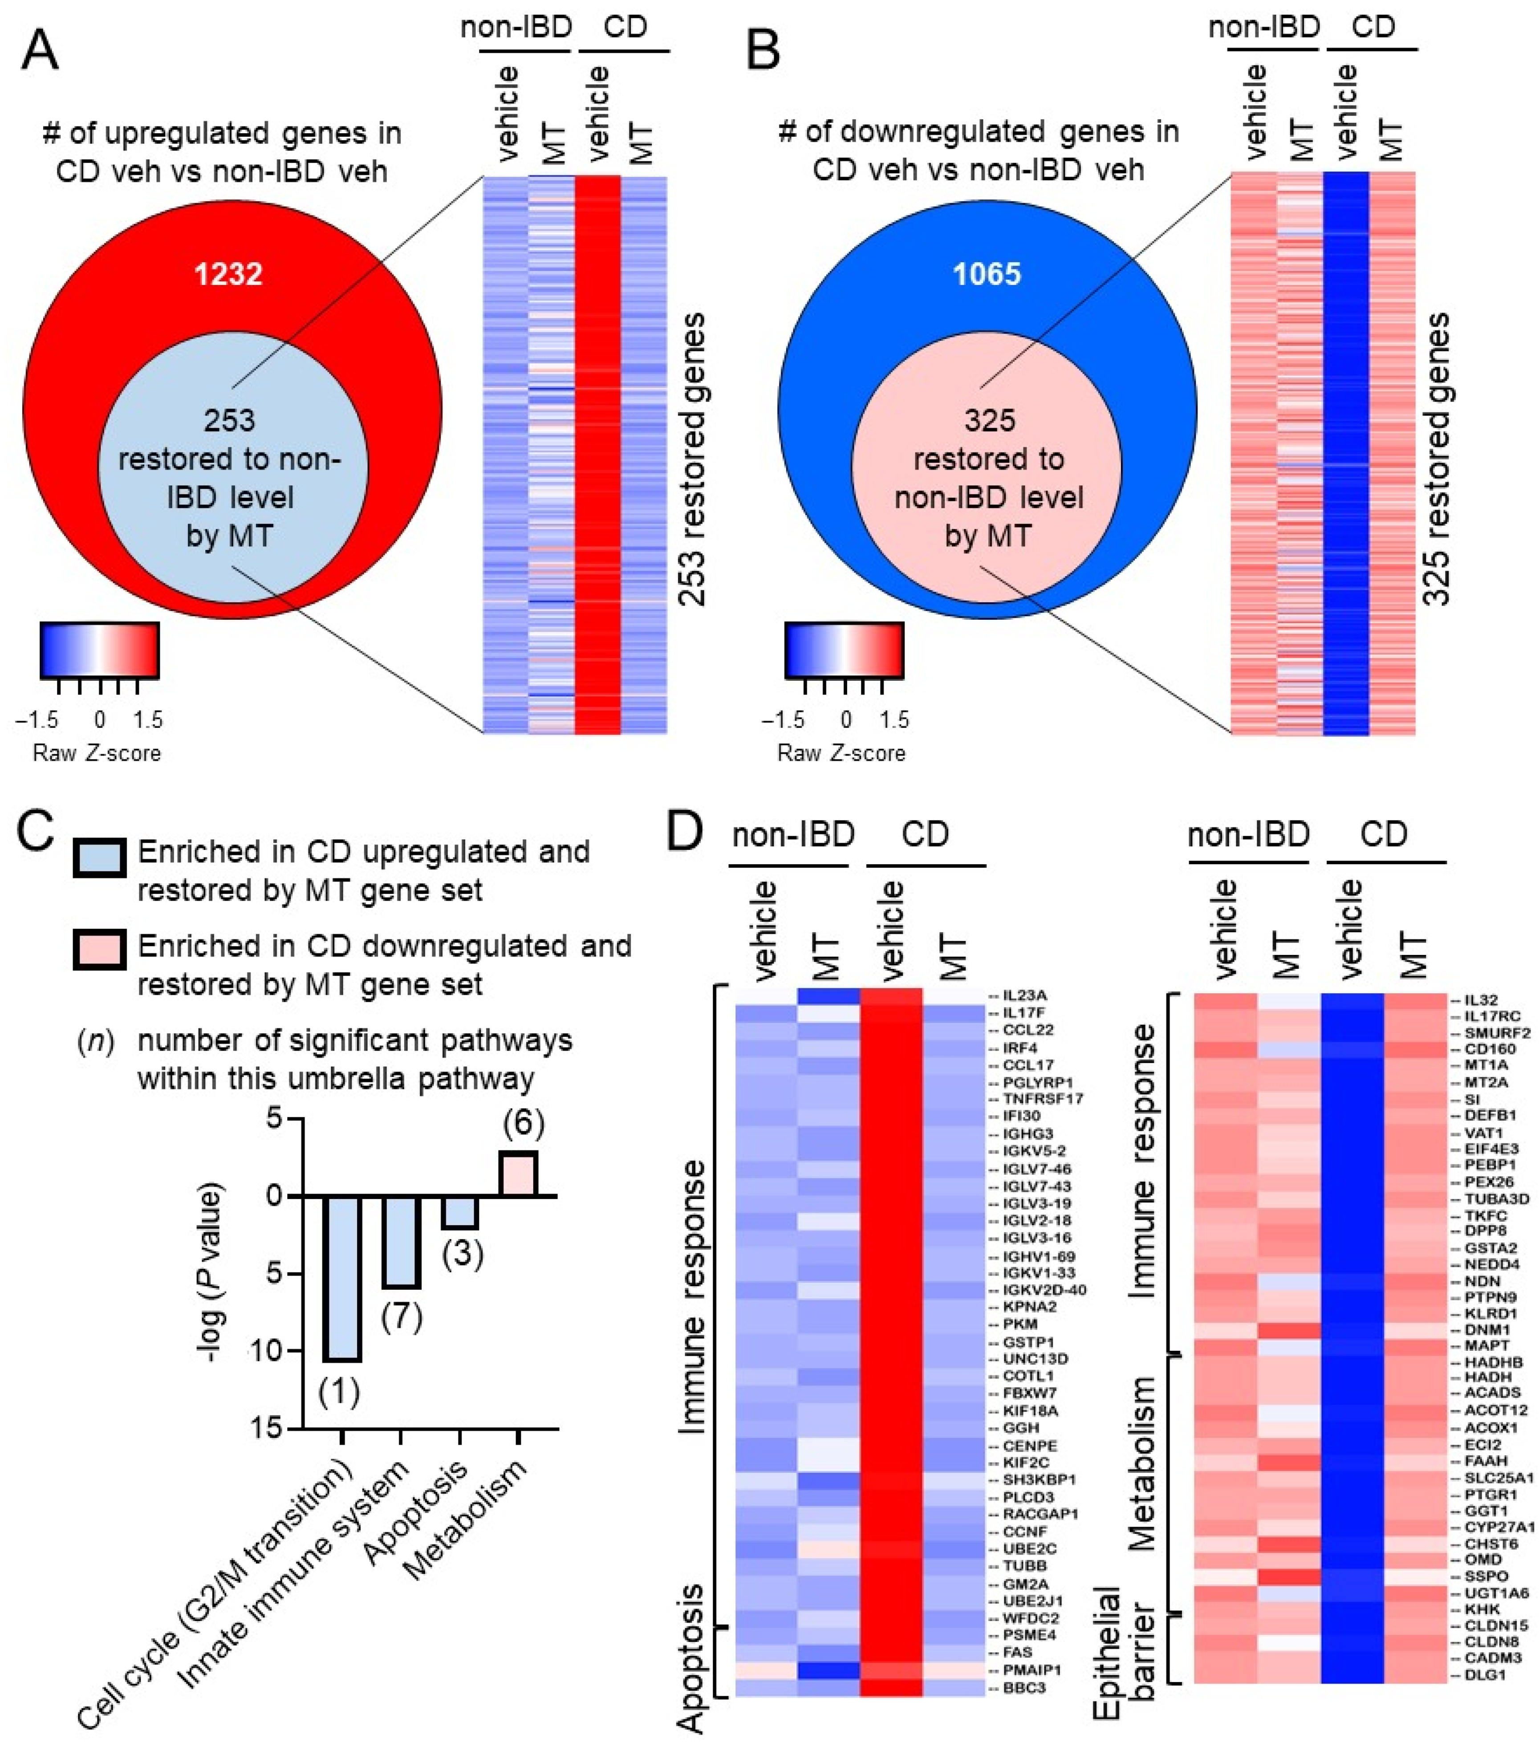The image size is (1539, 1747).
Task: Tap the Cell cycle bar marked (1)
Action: (x=342, y=1278)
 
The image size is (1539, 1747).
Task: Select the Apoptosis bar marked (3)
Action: (x=460, y=1212)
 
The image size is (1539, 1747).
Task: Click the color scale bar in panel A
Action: (x=99, y=650)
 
